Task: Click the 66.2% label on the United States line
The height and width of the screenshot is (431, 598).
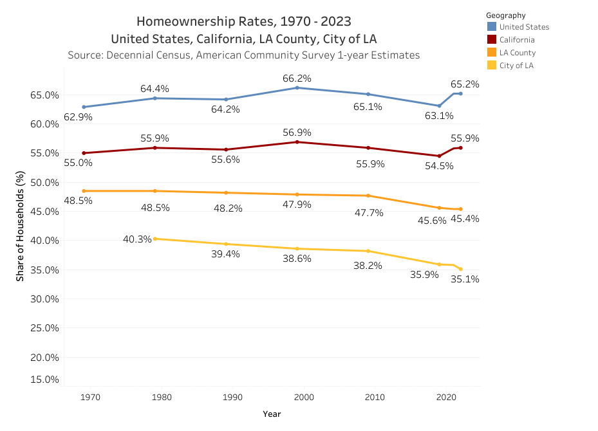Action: pyautogui.click(x=297, y=78)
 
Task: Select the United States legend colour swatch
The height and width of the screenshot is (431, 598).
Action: pyautogui.click(x=492, y=27)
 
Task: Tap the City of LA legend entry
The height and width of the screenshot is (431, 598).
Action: pyautogui.click(x=516, y=66)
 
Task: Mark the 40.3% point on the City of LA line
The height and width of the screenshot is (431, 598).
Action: pyautogui.click(x=155, y=239)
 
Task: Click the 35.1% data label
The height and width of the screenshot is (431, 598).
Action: pyautogui.click(x=465, y=279)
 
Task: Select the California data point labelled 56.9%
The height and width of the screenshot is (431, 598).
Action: pyautogui.click(x=297, y=142)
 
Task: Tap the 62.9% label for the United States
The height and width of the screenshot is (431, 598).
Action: pyautogui.click(x=78, y=117)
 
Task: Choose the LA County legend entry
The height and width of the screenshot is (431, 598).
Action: pyautogui.click(x=517, y=53)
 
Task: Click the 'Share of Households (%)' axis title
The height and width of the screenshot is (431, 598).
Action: pyautogui.click(x=20, y=226)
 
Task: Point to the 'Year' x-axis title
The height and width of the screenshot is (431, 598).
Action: pyautogui.click(x=272, y=414)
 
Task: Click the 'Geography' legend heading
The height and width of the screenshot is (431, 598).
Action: pyautogui.click(x=505, y=15)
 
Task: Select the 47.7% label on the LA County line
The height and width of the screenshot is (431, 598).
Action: pyautogui.click(x=369, y=212)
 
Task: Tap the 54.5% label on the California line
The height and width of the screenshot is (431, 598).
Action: pyautogui.click(x=439, y=165)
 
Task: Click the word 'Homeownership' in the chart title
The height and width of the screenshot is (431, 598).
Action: pyautogui.click(x=182, y=22)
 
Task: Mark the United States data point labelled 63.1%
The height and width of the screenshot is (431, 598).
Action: pyautogui.click(x=439, y=105)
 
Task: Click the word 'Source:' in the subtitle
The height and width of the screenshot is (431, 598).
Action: pyautogui.click(x=86, y=55)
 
